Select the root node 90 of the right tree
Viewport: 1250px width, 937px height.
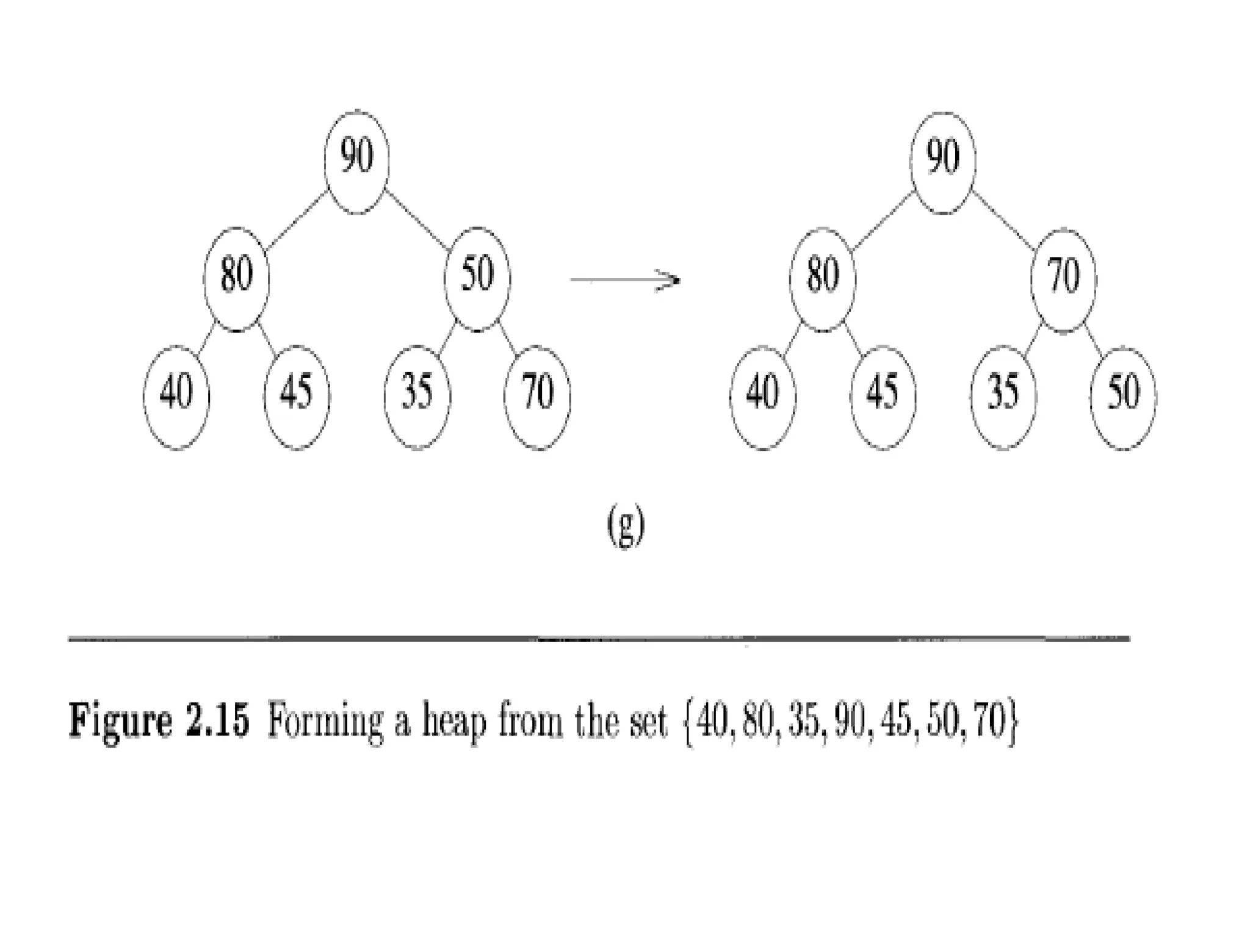tap(942, 162)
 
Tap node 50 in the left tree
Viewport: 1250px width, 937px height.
tap(477, 279)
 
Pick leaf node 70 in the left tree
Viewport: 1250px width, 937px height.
tap(538, 397)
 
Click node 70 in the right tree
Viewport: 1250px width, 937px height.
tap(1064, 280)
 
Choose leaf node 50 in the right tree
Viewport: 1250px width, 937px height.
tap(1123, 398)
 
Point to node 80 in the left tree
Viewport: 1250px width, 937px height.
tap(236, 279)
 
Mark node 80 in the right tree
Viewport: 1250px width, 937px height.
tap(822, 279)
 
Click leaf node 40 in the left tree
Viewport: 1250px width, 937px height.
tap(176, 397)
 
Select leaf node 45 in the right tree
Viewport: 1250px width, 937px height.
tap(883, 397)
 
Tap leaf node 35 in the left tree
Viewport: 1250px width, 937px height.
tap(417, 397)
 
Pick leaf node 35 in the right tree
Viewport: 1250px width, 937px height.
tap(1003, 397)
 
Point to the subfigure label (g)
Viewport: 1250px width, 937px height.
tap(626, 528)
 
